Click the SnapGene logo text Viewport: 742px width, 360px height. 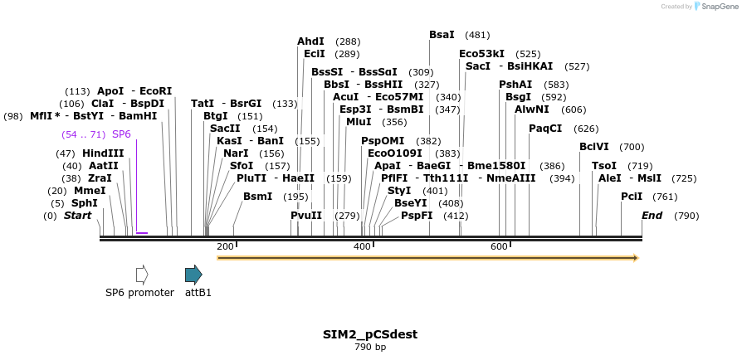(x=718, y=6)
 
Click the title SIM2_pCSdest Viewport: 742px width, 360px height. (x=370, y=334)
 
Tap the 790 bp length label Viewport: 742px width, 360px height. (x=370, y=347)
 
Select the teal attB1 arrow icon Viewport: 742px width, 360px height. (x=193, y=275)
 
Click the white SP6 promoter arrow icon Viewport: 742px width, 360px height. (x=142, y=275)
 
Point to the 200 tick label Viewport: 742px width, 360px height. (x=225, y=247)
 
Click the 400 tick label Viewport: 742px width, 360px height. (x=363, y=247)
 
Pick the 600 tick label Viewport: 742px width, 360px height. (x=500, y=247)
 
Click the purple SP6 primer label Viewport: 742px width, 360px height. (x=121, y=134)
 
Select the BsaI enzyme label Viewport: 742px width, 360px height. (x=442, y=35)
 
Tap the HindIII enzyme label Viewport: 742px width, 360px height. (x=103, y=153)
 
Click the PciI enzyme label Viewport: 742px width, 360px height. (x=632, y=196)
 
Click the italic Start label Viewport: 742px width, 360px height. (x=77, y=216)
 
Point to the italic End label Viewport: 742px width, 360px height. (x=652, y=216)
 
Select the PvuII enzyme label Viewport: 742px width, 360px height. (x=306, y=216)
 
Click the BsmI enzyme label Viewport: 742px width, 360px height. (x=257, y=196)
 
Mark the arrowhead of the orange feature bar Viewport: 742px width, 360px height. (x=634, y=258)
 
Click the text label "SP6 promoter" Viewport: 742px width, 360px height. (x=139, y=293)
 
